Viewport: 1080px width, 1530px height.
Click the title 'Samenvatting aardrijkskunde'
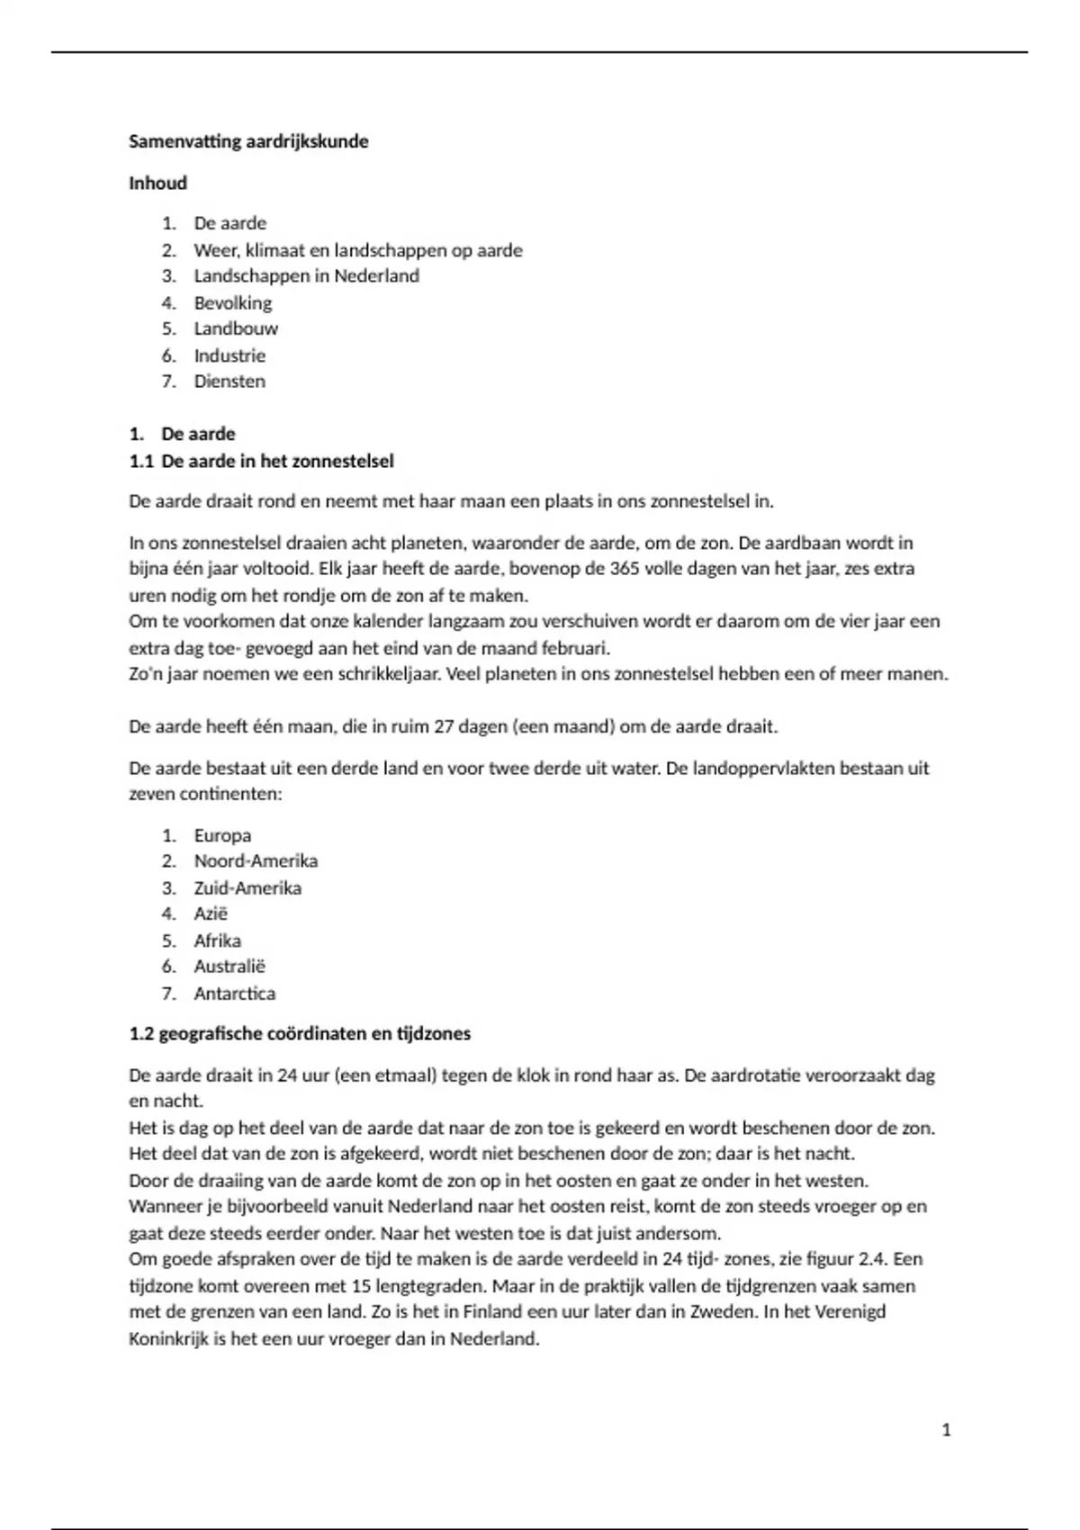[x=248, y=141]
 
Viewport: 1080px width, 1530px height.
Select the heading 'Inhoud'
[x=158, y=183]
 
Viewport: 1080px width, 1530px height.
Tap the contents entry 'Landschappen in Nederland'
[x=306, y=275]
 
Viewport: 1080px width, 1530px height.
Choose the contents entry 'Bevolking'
[x=232, y=302]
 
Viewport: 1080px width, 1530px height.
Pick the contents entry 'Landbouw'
[x=236, y=328]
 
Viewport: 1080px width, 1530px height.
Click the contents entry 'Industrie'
[x=229, y=355]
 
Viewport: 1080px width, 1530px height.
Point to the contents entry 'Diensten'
[x=229, y=381]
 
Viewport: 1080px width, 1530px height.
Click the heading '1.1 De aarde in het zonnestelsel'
[x=261, y=461]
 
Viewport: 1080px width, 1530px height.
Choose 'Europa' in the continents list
[x=222, y=835]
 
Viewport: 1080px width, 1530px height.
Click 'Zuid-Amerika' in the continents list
[x=247, y=887]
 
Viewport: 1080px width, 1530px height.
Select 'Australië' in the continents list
[x=229, y=967]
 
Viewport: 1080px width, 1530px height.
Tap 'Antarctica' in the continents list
[x=234, y=994]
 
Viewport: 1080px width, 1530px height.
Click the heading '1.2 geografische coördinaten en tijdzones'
[x=300, y=1033]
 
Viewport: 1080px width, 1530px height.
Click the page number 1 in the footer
[x=946, y=1430]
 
